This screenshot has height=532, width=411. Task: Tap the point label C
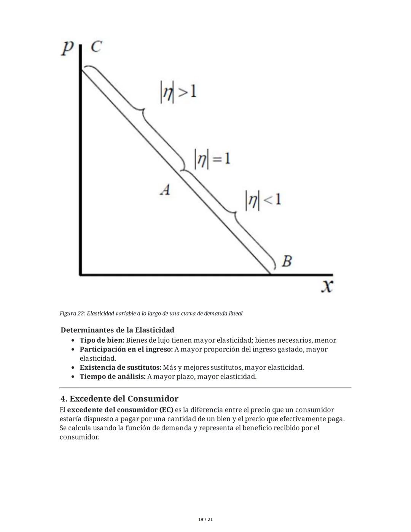[96, 46]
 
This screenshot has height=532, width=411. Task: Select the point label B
[287, 261]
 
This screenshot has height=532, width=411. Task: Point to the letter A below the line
[165, 189]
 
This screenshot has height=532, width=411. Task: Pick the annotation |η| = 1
[212, 159]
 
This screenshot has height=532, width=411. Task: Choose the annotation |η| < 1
[263, 200]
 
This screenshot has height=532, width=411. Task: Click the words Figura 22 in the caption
[72, 313]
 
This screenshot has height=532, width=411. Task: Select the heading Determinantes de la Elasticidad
[117, 330]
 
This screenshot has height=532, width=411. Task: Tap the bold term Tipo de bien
[102, 340]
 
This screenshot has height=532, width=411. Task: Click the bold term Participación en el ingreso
[126, 349]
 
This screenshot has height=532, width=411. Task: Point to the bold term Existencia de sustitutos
[120, 367]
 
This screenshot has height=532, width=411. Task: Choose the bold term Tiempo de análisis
[112, 377]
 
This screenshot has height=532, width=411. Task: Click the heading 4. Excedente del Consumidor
[119, 399]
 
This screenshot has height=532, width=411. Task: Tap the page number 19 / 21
[205, 519]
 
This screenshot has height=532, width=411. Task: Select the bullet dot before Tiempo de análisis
[73, 377]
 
